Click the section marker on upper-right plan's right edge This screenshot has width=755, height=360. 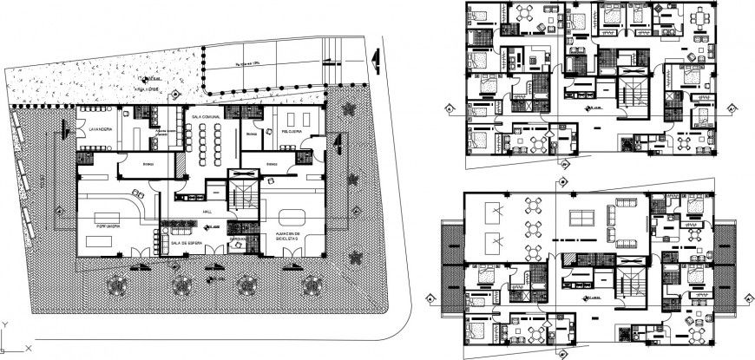tap(734, 108)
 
